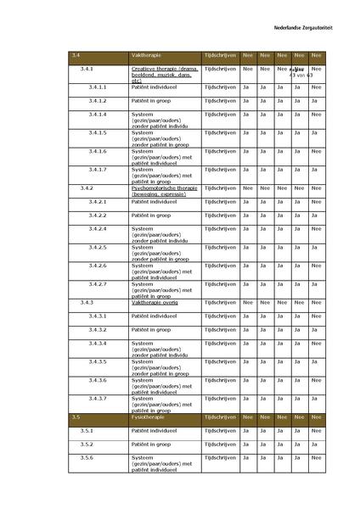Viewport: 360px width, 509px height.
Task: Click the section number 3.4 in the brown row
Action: tap(77, 53)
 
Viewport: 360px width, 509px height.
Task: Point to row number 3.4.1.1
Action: tap(97, 87)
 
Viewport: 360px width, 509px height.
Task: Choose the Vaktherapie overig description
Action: tap(155, 302)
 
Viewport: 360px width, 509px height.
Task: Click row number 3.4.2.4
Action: tap(97, 229)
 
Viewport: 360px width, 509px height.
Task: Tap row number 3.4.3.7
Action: tap(97, 398)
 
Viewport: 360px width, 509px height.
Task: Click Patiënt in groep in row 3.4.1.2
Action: tap(153, 100)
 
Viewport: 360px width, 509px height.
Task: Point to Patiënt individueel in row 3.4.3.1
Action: tap(154, 316)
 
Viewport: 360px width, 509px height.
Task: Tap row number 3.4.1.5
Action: tap(97, 132)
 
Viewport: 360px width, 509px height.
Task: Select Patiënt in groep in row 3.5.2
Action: tap(153, 444)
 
